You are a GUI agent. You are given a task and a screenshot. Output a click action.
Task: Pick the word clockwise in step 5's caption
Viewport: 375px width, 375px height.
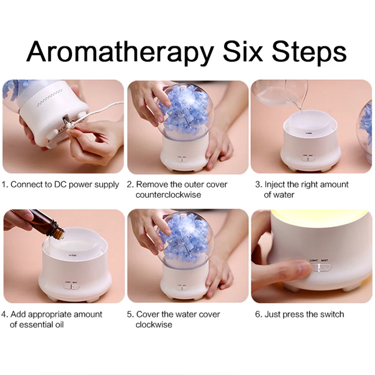154,324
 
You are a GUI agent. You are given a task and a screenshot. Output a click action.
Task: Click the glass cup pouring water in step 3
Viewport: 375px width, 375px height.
281,94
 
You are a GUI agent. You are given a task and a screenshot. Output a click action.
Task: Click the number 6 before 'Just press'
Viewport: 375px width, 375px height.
257,314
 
